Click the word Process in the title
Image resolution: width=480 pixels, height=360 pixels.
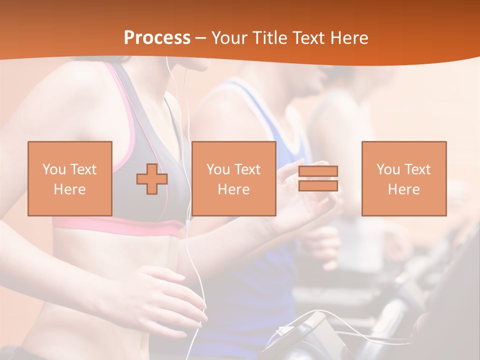(157, 38)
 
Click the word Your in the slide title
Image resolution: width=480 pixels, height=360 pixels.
(228, 38)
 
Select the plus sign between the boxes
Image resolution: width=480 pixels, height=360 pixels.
(152, 178)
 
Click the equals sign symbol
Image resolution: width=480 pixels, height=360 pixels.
(318, 178)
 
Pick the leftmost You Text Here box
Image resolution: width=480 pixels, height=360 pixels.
(70, 178)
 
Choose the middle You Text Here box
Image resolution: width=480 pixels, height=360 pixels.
(234, 178)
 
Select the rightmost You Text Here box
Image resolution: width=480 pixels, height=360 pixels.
(404, 178)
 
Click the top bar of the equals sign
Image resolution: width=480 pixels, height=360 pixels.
(318, 171)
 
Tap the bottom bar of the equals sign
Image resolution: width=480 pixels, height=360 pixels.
(318, 186)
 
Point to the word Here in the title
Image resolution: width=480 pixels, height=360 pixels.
(349, 38)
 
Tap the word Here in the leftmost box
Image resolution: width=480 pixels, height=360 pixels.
(70, 189)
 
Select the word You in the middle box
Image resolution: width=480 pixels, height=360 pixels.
(218, 169)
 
